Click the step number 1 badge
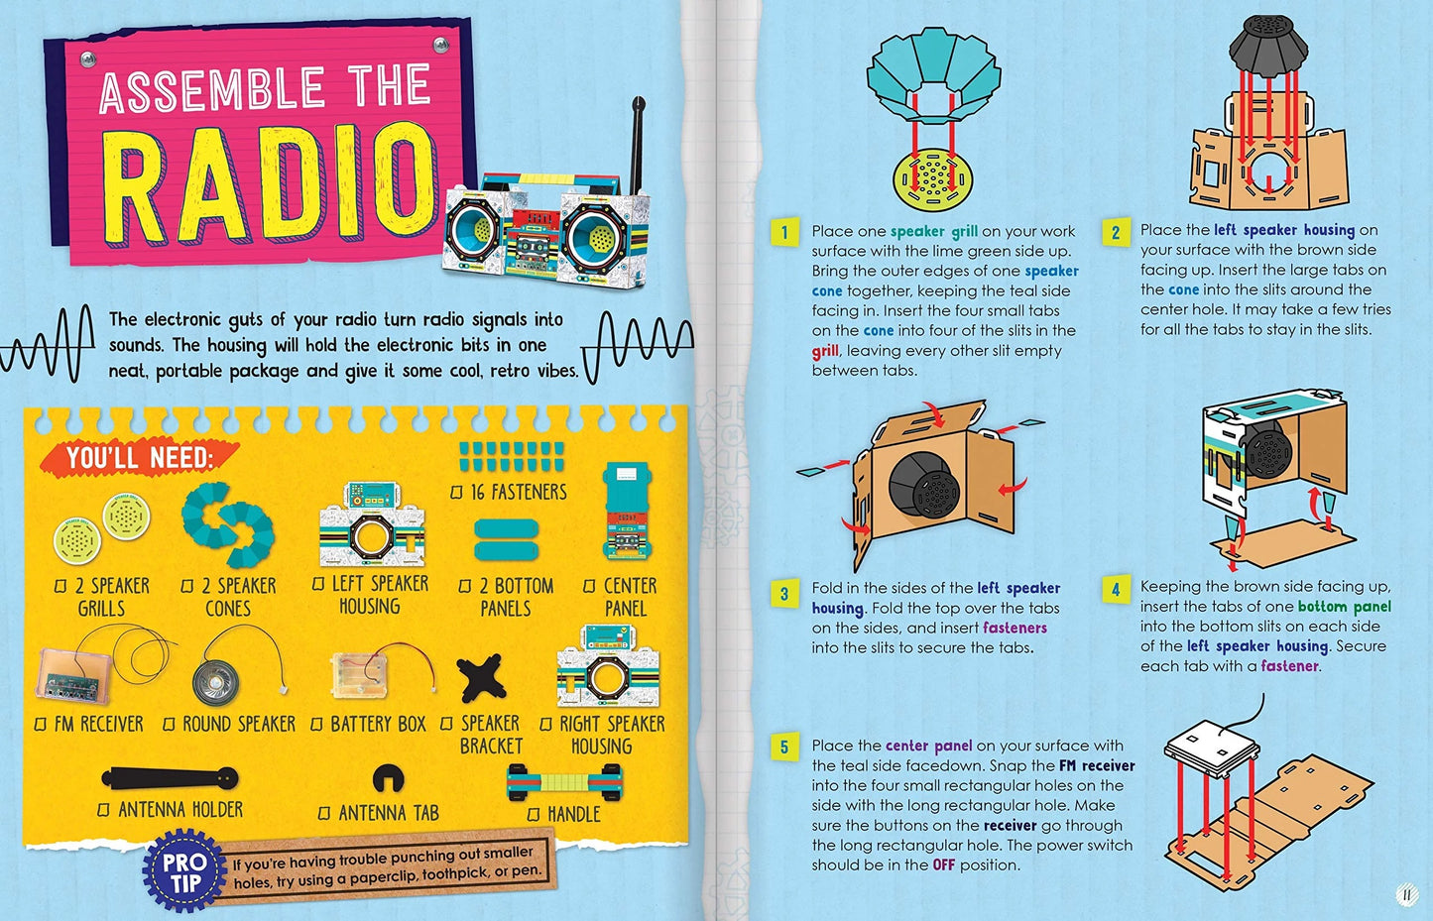click(x=784, y=233)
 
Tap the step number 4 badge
click(x=1115, y=590)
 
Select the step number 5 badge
click(x=784, y=748)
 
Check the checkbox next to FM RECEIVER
click(x=41, y=725)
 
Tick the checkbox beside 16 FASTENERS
click(x=457, y=493)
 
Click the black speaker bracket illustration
click(x=482, y=680)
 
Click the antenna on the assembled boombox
click(x=637, y=139)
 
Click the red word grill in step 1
click(x=825, y=351)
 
